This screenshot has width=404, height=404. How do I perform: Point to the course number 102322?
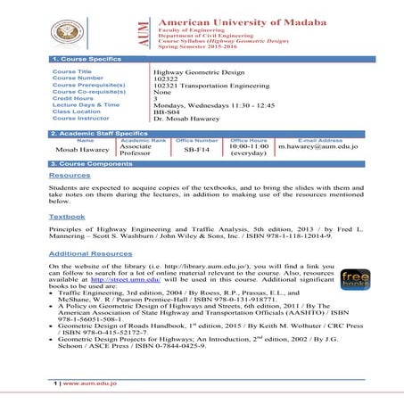tap(165, 78)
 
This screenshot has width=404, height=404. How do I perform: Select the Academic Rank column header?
tap(143, 141)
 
